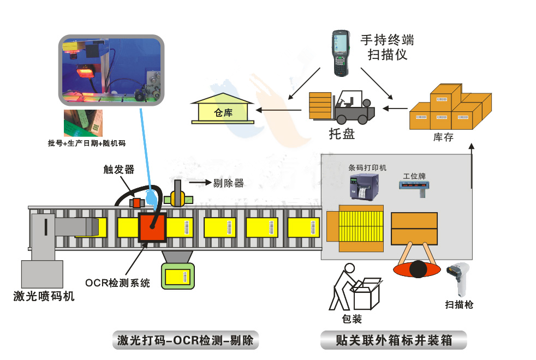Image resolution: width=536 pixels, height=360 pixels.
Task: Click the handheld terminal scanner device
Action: coord(343,53)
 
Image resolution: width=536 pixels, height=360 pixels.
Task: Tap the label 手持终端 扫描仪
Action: coord(387,47)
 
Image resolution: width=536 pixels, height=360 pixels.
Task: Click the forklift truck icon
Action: coord(353,107)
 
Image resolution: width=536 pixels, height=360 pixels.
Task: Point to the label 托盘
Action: coord(342,134)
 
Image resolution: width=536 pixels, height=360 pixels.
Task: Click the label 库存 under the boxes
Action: coord(443,137)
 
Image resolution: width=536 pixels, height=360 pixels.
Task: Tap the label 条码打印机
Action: coord(367,167)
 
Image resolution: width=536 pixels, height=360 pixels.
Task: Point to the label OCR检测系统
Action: coord(117,283)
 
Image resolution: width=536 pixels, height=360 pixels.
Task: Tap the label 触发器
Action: coord(118,169)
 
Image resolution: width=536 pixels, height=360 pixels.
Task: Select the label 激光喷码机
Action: coord(44,297)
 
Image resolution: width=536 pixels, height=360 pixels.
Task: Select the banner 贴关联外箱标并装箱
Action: coord(394,341)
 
